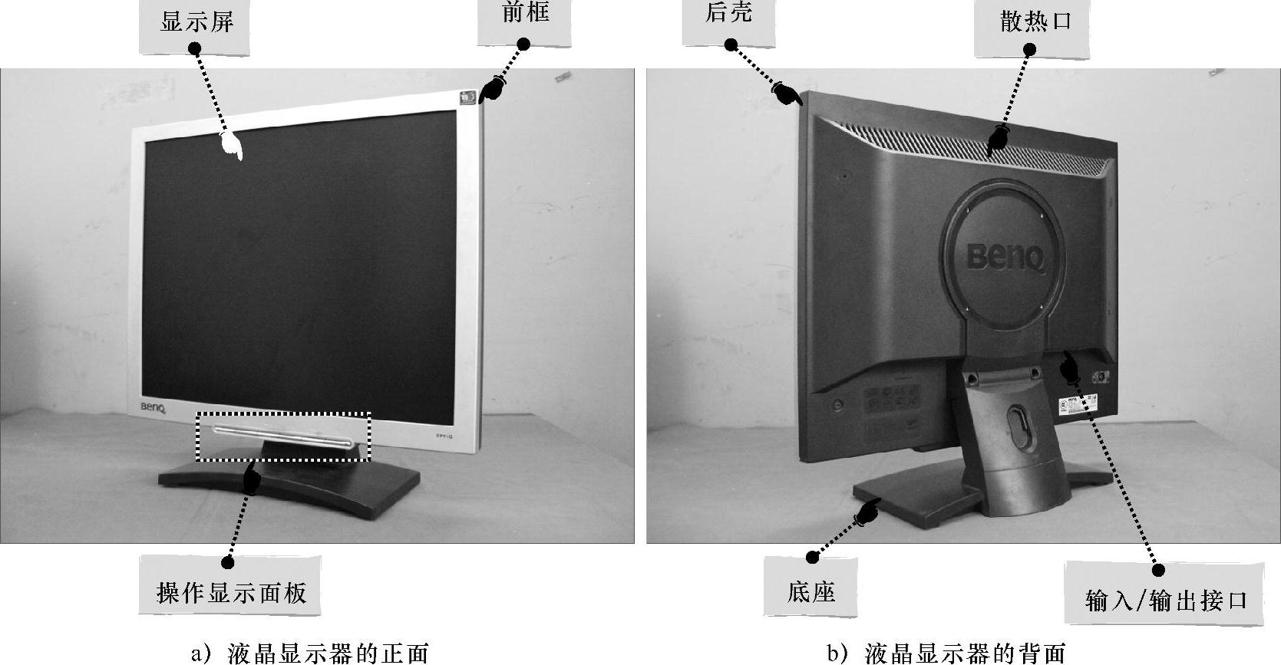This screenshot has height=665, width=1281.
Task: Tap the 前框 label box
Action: point(524,21)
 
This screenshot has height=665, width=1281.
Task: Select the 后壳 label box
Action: point(728,21)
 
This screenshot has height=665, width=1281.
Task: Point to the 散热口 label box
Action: point(1032,28)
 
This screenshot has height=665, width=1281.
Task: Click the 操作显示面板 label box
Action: point(230,585)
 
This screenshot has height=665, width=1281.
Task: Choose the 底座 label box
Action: point(811,587)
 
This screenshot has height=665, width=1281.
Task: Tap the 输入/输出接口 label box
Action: point(1164,593)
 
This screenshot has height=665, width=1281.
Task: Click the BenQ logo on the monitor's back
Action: point(1005,257)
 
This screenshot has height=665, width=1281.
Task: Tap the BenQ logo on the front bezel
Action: point(154,408)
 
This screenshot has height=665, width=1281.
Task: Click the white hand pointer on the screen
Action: point(233,145)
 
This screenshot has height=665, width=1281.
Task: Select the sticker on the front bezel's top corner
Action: point(468,97)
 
